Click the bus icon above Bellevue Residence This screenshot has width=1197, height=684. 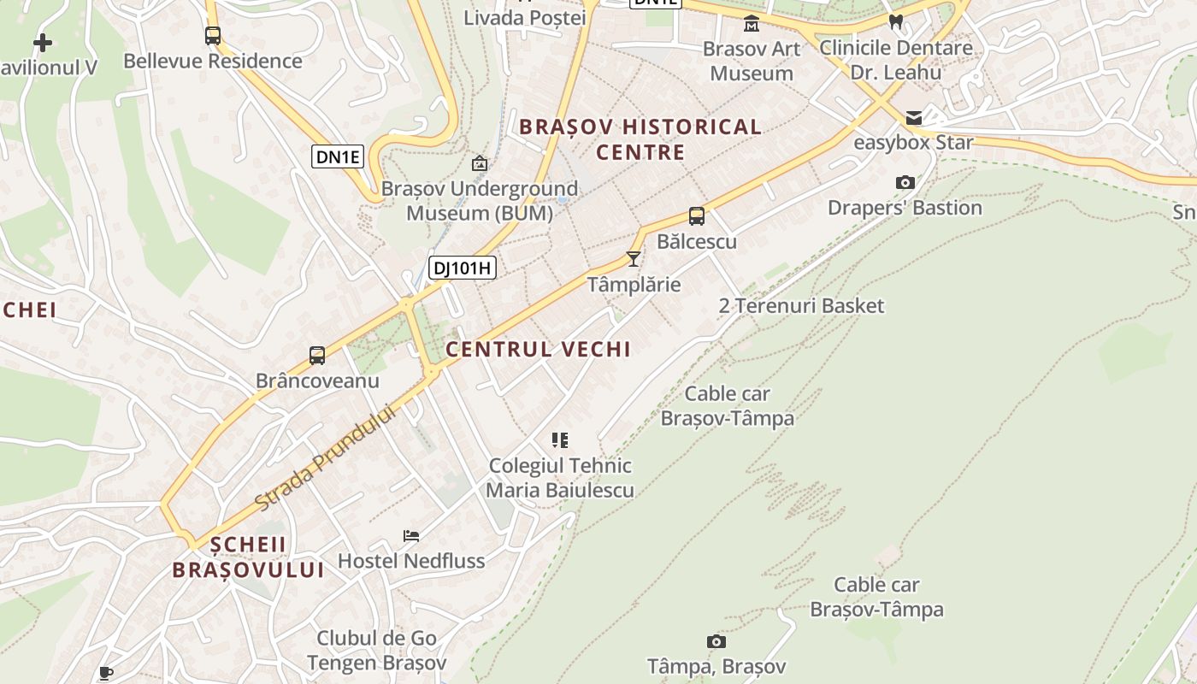click(213, 36)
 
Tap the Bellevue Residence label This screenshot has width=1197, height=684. click(213, 62)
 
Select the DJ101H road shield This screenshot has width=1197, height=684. click(462, 268)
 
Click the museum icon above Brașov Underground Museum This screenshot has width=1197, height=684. click(480, 163)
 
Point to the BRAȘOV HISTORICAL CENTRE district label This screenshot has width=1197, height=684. click(640, 139)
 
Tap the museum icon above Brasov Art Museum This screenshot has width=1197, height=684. click(752, 23)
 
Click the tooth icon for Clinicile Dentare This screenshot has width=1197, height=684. click(896, 22)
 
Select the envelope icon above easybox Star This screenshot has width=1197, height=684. click(914, 118)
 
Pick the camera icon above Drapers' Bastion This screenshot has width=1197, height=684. click(905, 182)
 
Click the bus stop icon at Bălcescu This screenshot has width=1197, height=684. click(697, 216)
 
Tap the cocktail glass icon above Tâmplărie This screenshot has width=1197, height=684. click(634, 258)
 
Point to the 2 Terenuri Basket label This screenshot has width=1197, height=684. click(801, 306)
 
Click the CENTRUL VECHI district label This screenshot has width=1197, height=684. click(538, 349)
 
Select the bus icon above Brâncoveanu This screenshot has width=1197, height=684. click(317, 356)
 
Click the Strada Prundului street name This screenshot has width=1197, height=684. click(327, 457)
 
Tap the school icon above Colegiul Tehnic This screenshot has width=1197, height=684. click(560, 440)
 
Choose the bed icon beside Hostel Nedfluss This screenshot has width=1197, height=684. click(411, 536)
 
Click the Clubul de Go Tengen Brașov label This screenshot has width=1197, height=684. click(377, 651)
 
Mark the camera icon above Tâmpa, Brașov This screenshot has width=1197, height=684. click(716, 641)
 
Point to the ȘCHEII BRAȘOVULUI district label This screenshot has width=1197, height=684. click(248, 557)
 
